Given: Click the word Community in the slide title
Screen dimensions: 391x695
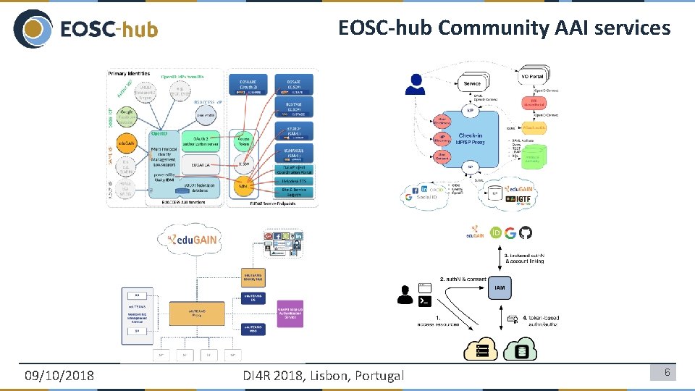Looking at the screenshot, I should (493, 28).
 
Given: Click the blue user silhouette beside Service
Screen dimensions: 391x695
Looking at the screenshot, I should (415, 85).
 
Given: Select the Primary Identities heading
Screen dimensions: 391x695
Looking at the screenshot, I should (129, 73).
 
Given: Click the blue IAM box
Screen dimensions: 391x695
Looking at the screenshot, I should (500, 287).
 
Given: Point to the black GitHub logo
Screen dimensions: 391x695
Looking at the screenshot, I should (526, 232).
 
